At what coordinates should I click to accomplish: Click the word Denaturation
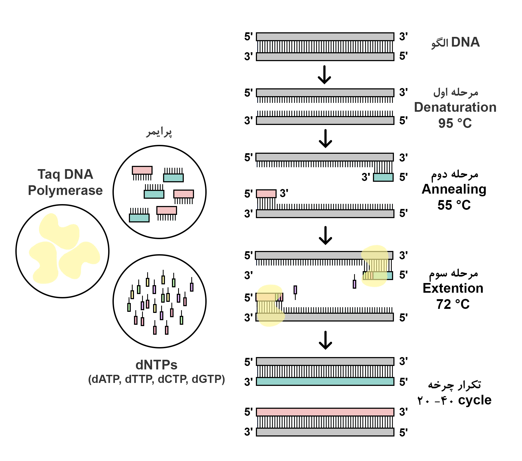pyautogui.click(x=455, y=107)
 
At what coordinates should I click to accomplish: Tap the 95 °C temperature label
pyautogui.click(x=455, y=123)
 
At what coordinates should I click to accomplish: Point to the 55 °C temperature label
pyautogui.click(x=454, y=205)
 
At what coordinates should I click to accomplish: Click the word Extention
pyautogui.click(x=453, y=288)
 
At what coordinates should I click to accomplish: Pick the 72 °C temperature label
pyautogui.click(x=453, y=304)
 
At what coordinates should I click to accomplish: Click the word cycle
pyautogui.click(x=475, y=400)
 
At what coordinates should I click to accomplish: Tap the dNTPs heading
pyautogui.click(x=156, y=365)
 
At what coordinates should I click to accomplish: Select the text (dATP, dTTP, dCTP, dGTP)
pyautogui.click(x=156, y=379)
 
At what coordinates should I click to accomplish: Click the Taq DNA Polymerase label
pyautogui.click(x=65, y=182)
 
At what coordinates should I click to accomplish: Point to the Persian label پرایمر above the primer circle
pyautogui.click(x=159, y=132)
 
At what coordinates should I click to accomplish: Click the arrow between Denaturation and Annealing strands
pyautogui.click(x=325, y=139)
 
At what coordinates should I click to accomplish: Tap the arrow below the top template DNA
pyautogui.click(x=324, y=75)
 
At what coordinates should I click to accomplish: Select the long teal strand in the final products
pyautogui.click(x=325, y=381)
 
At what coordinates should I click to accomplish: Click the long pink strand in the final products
pyautogui.click(x=325, y=412)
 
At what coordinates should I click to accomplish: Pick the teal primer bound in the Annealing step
pyautogui.click(x=383, y=177)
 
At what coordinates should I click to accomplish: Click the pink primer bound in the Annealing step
pyautogui.click(x=266, y=194)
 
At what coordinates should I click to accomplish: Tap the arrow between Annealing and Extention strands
pyautogui.click(x=325, y=236)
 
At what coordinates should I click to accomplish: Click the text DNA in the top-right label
pyautogui.click(x=465, y=42)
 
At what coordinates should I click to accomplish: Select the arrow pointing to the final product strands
pyautogui.click(x=325, y=340)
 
